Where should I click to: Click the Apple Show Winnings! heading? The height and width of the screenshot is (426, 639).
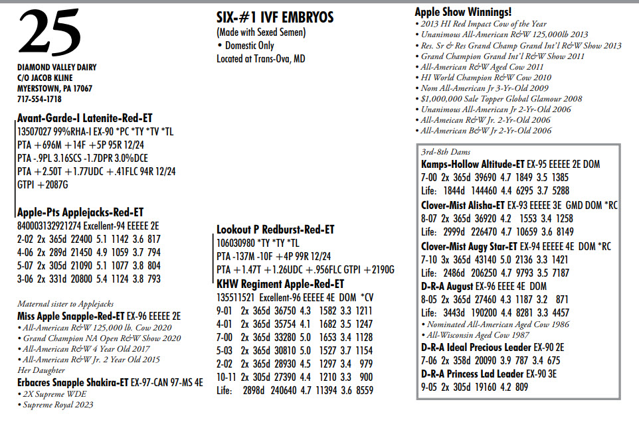[463, 11]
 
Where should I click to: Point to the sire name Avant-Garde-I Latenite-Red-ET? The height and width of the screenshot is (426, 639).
[85, 118]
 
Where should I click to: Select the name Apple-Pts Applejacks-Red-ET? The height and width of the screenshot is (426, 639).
[80, 213]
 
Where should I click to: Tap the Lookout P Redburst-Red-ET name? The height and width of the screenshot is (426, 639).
[276, 230]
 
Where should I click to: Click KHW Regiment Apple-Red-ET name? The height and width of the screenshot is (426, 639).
[280, 283]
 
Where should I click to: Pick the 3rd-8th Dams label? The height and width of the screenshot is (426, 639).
[446, 152]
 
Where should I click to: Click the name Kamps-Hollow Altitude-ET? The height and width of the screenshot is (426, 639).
[473, 163]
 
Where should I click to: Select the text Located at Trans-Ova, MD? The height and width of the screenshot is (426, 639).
[261, 58]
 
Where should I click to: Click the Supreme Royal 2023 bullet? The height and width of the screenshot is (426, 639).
[59, 405]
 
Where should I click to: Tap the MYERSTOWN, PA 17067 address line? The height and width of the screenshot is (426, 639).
[54, 88]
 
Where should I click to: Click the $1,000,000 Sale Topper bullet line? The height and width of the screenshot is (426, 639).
[502, 99]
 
